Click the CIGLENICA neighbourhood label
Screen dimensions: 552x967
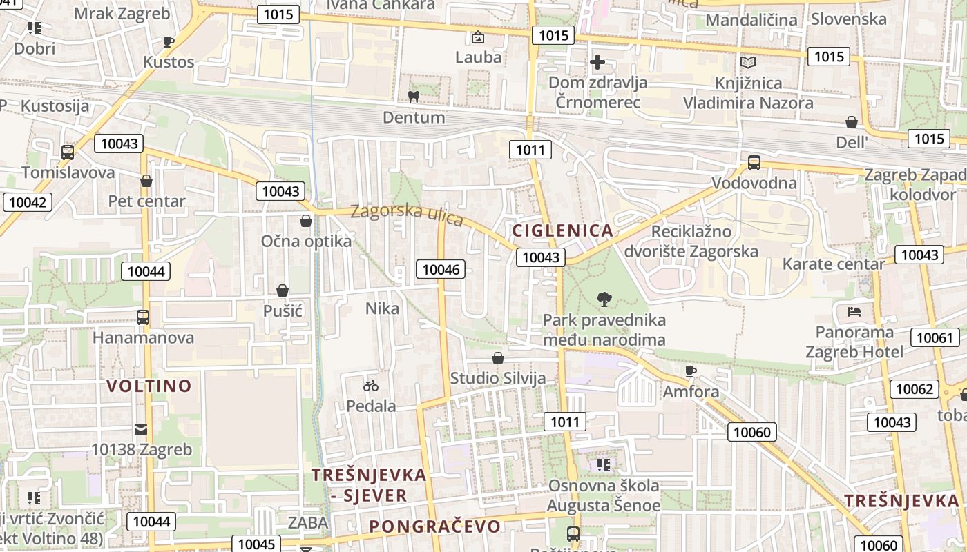pos(562,230)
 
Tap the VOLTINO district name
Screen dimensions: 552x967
pos(149,386)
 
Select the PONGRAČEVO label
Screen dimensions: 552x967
pos(434,526)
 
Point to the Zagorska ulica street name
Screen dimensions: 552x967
pos(406,213)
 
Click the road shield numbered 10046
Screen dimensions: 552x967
pos(441,269)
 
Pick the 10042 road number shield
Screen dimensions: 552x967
pos(27,202)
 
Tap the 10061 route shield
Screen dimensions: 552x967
pos(935,338)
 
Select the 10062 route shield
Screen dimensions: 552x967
pos(915,389)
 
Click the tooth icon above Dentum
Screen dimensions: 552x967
pos(414,97)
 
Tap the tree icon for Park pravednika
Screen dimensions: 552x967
pos(604,299)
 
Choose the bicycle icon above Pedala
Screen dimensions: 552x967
pos(371,386)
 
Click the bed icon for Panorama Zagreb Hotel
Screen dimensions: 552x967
pos(854,311)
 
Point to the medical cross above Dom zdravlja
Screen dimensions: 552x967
pos(597,63)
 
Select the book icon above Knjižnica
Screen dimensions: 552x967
pos(748,63)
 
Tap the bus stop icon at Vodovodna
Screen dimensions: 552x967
pos(754,163)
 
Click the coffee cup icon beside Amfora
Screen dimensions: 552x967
pos(690,372)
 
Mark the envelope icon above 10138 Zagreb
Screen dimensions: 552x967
pos(141,430)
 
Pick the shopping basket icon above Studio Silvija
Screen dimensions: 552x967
pos(497,358)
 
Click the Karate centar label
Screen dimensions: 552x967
pos(833,264)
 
